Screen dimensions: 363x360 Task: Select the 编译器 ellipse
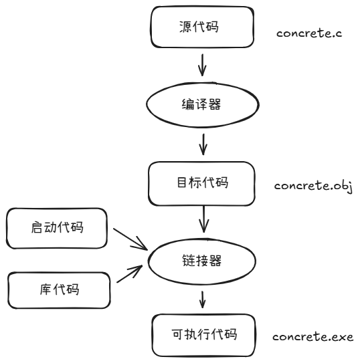point(203,105)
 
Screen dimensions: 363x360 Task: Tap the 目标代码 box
point(203,183)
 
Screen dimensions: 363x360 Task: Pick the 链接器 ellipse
point(203,259)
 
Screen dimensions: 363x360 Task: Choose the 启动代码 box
point(58,228)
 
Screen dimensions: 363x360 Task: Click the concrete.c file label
point(309,32)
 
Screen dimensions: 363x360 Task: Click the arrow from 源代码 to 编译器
point(203,66)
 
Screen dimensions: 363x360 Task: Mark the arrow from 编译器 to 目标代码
point(203,143)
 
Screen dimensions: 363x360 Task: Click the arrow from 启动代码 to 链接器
point(130,239)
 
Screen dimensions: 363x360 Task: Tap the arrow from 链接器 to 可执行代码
point(203,297)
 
